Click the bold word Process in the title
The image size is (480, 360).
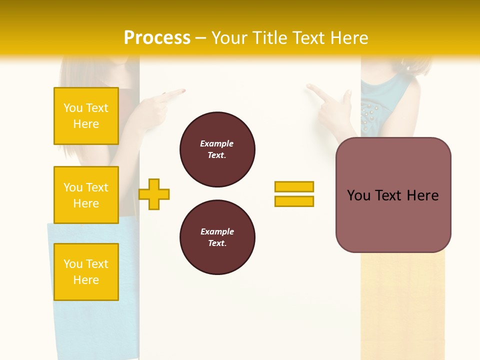[x=157, y=38]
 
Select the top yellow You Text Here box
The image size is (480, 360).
[x=86, y=116]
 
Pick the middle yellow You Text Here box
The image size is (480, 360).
[x=86, y=195]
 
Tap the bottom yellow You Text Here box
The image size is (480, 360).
[x=86, y=271]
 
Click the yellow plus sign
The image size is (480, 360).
[x=154, y=194]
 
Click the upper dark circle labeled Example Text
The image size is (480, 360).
[x=217, y=149]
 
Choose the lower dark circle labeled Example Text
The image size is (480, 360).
[x=217, y=237]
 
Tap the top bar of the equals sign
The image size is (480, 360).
[x=294, y=186]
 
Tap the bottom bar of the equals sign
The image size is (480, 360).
[x=294, y=201]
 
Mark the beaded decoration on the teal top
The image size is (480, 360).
[x=369, y=114]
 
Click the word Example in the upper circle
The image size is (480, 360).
[x=216, y=143]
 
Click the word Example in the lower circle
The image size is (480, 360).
[x=217, y=231]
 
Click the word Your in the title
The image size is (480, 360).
[x=227, y=38]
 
